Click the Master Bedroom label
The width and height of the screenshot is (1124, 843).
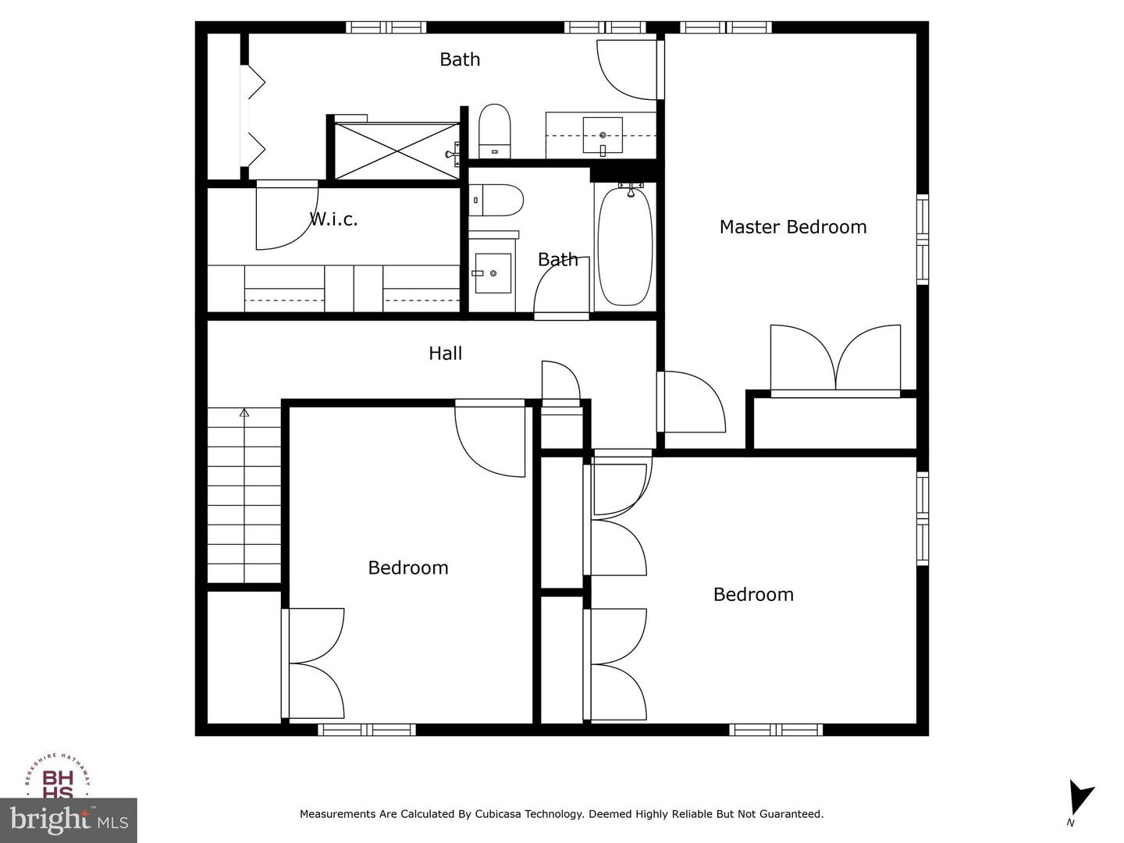pyautogui.click(x=793, y=226)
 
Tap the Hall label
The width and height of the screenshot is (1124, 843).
pyautogui.click(x=445, y=353)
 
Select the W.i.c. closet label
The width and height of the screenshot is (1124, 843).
pyautogui.click(x=333, y=219)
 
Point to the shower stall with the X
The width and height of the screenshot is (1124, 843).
pyautogui.click(x=397, y=151)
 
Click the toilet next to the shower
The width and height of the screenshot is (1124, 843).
pyautogui.click(x=495, y=131)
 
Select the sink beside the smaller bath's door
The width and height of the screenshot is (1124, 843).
pyautogui.click(x=493, y=273)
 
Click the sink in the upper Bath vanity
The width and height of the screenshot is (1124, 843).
pyautogui.click(x=603, y=135)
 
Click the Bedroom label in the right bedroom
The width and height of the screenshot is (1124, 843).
pyautogui.click(x=753, y=594)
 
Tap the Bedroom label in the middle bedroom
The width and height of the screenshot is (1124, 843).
pyautogui.click(x=408, y=567)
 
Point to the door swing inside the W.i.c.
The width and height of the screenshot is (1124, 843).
pyautogui.click(x=286, y=215)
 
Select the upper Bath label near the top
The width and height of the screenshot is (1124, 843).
pyautogui.click(x=460, y=59)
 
